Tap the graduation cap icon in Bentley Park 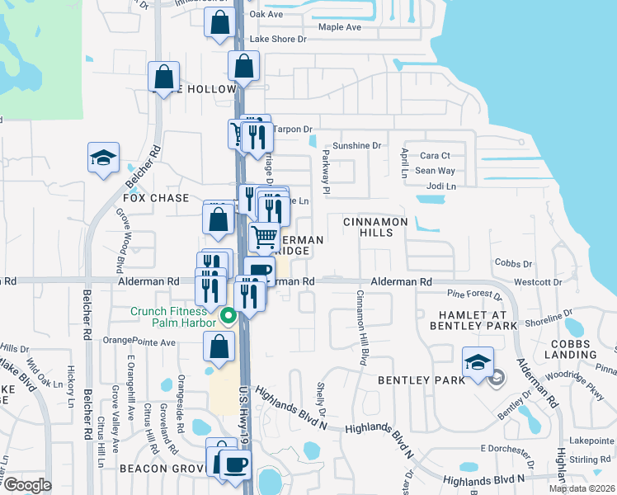(478, 363)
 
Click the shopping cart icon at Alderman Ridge (264, 237)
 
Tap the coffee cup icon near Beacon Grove (235, 463)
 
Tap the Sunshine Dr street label (359, 145)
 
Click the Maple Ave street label (340, 27)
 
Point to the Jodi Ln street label (439, 186)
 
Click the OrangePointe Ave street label (139, 342)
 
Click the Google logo (27, 485)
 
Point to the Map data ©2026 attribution (582, 488)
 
